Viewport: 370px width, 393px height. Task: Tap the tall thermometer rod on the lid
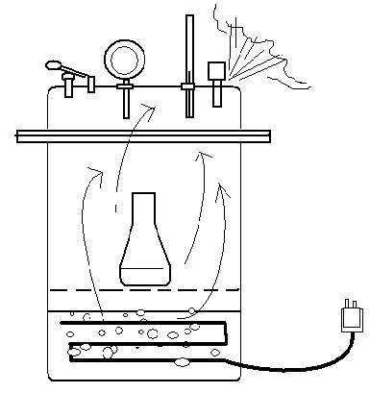pos(188,48)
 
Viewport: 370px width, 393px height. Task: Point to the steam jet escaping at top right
pos(254,53)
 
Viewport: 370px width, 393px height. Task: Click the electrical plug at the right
pos(352,318)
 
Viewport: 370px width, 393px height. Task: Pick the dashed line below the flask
pos(144,289)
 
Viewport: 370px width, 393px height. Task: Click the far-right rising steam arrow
pos(224,231)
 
